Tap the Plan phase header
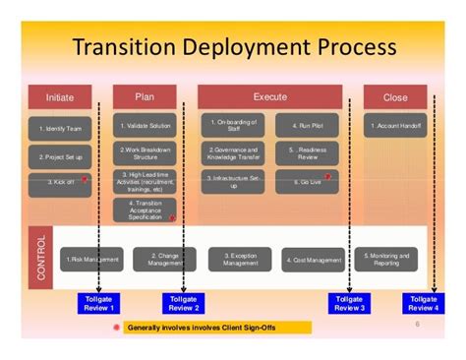tap(145, 96)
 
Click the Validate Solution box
tap(146, 126)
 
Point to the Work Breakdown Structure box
tap(146, 153)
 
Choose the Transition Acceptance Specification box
tap(146, 210)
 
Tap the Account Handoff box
tap(397, 126)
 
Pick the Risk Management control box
tap(91, 260)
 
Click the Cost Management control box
tap(314, 260)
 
